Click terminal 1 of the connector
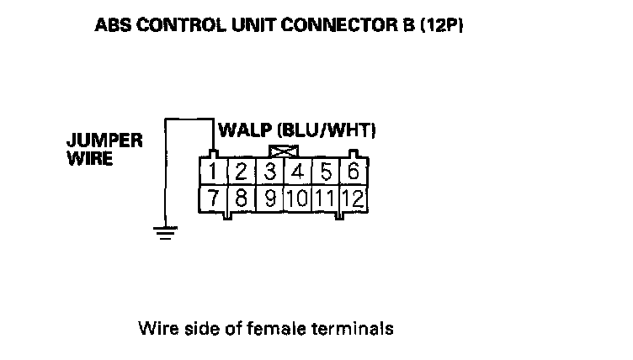214,172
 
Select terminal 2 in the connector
241,172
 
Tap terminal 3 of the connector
270,172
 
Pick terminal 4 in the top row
297,172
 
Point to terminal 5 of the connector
325,172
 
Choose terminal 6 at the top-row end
354,172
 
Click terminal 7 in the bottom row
214,199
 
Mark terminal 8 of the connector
241,199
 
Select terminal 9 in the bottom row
270,199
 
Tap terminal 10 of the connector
297,199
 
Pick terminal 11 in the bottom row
325,199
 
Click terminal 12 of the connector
354,199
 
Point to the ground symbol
167,231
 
